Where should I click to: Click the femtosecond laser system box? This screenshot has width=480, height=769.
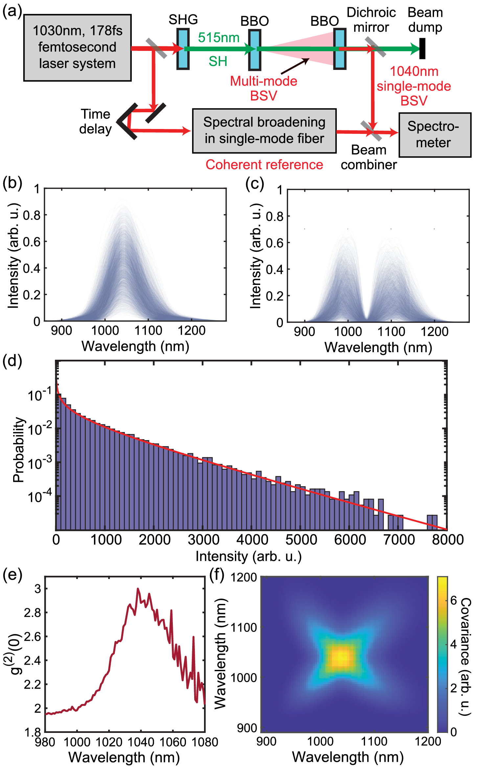[x=78, y=48]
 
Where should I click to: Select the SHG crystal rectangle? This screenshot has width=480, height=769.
[x=183, y=49]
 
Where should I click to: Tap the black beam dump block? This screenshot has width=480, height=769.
[x=423, y=49]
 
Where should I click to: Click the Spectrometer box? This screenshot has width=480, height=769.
[x=435, y=135]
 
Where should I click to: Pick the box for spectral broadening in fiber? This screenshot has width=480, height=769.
[x=264, y=131]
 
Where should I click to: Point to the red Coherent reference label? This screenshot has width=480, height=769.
[x=264, y=165]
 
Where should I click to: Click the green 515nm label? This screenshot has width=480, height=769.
[x=218, y=38]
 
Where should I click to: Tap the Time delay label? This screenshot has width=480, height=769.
[x=96, y=121]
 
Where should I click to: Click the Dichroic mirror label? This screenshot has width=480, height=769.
[x=371, y=20]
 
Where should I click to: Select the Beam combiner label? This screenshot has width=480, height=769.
[x=369, y=158]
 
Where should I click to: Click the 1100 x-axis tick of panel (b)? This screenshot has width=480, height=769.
[x=148, y=331]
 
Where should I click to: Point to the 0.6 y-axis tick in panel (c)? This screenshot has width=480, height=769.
[x=274, y=243]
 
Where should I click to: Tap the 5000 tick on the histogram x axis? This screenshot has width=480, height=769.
[x=301, y=540]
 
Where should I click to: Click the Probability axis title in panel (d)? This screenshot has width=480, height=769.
[x=19, y=450]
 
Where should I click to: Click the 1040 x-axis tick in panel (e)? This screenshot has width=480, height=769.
[x=141, y=742]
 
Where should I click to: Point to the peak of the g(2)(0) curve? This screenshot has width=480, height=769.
[x=138, y=589]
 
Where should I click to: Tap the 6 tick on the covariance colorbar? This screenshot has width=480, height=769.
[x=454, y=600]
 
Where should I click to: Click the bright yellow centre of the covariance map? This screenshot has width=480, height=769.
[x=342, y=656]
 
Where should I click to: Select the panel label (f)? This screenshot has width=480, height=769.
[x=217, y=575]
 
